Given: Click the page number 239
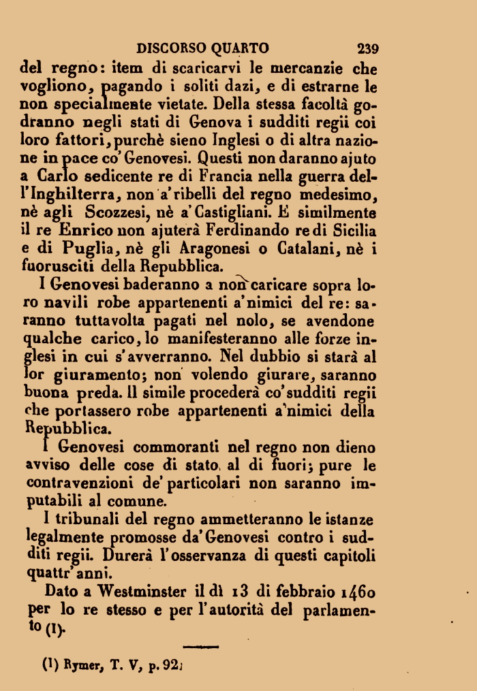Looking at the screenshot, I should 367,48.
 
